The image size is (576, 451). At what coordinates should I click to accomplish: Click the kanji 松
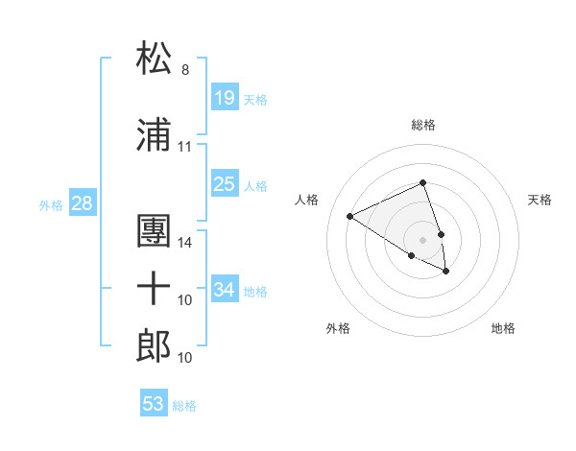tap(155, 59)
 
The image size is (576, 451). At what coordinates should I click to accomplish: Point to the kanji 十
tap(155, 288)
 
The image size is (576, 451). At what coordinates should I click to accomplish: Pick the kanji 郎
tap(155, 345)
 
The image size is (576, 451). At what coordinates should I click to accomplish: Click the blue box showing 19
tap(225, 98)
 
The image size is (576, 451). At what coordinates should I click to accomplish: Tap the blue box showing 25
tap(225, 185)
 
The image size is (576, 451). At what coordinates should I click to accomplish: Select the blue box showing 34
tap(225, 291)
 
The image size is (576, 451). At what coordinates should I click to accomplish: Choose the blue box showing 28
tap(82, 204)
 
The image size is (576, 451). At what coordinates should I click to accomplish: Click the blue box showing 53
tap(154, 404)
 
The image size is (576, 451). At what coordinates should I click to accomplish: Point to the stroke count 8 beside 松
tap(185, 70)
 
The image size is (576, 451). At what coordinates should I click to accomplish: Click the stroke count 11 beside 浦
tap(185, 147)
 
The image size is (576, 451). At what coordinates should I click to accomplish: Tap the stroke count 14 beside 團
tap(185, 243)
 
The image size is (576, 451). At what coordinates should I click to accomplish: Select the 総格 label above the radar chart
tap(423, 126)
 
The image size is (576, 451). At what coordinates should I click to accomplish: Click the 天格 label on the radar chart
tap(540, 200)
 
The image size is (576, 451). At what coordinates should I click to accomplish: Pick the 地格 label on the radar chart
tap(503, 328)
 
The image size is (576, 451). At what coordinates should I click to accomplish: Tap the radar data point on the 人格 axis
tap(350, 216)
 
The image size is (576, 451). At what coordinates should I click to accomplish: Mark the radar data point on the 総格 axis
tap(423, 183)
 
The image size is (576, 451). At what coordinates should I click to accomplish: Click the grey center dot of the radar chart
tap(423, 239)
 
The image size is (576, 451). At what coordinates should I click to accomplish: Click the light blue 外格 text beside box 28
tap(50, 205)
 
